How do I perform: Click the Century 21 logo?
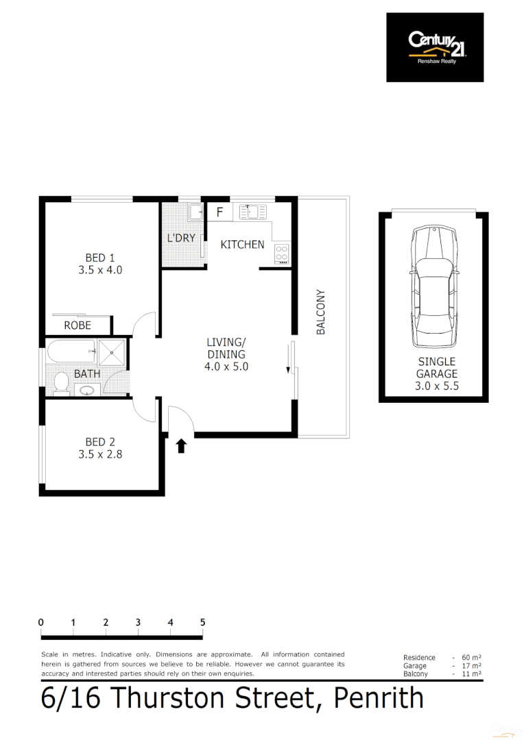tap(435, 47)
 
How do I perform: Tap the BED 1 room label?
tap(99, 258)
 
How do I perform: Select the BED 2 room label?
tap(99, 441)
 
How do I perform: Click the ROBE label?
tap(78, 325)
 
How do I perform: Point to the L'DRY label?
tap(182, 238)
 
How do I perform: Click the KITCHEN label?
tap(242, 244)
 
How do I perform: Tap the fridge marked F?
tap(219, 212)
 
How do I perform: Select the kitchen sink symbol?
tap(252, 212)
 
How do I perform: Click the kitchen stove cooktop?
tap(282, 254)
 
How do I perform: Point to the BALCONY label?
tap(320, 312)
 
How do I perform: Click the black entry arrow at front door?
tap(181, 447)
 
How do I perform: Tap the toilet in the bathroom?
tap(60, 382)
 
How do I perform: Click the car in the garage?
tap(433, 288)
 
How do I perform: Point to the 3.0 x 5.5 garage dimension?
tap(437, 386)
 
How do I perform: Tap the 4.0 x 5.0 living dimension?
tap(226, 367)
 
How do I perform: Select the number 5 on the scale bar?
tap(203, 622)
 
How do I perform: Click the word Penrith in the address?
tap(378, 698)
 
